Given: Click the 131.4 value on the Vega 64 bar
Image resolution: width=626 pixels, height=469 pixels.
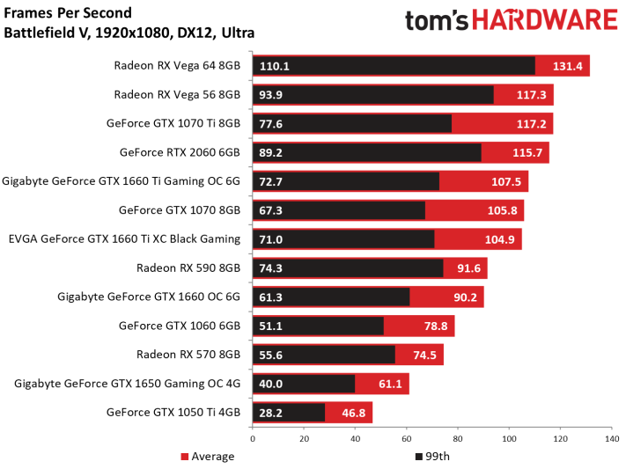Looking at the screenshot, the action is tap(567, 66).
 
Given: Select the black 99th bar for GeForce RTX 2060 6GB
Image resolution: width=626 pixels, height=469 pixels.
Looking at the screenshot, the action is tap(367, 152).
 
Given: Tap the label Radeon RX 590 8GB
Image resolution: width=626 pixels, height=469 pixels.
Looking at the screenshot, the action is tap(188, 267).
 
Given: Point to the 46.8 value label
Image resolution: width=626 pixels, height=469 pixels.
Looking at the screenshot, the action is tap(353, 413).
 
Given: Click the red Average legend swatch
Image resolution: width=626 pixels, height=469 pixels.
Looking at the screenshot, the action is tap(184, 456).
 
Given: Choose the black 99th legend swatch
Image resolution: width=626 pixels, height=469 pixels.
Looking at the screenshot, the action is tap(419, 456).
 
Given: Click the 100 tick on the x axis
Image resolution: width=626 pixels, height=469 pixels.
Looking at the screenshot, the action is tap(509, 439).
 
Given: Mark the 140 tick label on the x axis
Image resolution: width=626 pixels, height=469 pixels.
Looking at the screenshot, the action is tap(612, 439).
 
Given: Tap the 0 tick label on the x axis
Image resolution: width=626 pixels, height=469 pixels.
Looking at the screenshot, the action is tap(253, 439).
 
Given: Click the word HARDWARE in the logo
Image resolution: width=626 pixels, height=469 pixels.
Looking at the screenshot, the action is tap(545, 20).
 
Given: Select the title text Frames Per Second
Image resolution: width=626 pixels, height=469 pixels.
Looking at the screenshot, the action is tap(68, 13).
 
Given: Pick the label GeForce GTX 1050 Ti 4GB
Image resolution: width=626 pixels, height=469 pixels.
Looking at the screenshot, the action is tap(173, 413).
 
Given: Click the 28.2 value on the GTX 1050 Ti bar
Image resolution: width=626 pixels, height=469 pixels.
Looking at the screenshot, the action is tap(270, 413).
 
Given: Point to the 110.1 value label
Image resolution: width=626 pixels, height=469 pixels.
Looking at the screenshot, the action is tap(275, 66).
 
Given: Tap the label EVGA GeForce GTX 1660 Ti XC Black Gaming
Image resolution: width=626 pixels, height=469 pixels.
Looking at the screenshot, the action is tap(124, 239).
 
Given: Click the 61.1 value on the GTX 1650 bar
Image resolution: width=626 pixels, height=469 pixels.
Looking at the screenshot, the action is tap(390, 384).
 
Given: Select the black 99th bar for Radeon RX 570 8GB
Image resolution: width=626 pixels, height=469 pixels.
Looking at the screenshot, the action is tap(324, 355).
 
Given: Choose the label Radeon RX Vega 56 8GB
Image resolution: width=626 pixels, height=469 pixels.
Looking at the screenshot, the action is tap(177, 95).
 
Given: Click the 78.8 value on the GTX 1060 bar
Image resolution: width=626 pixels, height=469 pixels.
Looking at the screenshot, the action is tap(436, 326).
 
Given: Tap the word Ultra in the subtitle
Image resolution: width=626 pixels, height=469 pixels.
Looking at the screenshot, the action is tap(238, 33).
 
